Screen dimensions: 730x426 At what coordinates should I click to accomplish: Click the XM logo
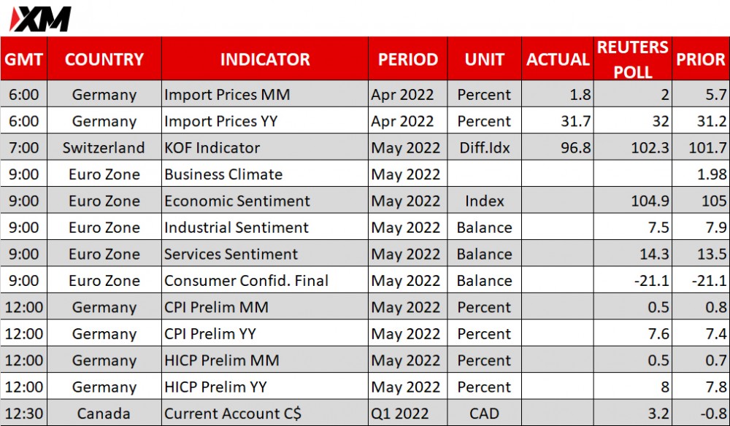tap(40, 19)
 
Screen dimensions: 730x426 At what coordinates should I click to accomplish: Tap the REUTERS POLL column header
tap(633, 59)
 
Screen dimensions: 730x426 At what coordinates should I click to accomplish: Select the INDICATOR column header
tap(265, 60)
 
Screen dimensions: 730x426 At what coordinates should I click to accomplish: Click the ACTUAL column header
tap(558, 60)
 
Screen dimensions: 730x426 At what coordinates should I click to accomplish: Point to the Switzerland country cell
tap(104, 148)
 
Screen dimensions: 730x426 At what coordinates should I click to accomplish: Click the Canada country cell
tap(104, 414)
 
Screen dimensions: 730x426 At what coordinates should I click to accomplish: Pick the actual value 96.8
tap(576, 148)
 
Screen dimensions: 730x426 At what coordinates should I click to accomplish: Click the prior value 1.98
tap(712, 174)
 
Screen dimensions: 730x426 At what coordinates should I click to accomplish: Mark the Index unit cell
tap(484, 201)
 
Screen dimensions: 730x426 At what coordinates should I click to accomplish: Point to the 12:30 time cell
tap(24, 414)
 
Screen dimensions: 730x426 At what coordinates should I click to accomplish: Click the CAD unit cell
tap(484, 414)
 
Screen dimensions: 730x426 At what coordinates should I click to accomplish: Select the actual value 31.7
tap(576, 121)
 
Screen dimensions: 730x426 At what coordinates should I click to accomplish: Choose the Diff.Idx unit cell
tap(484, 148)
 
